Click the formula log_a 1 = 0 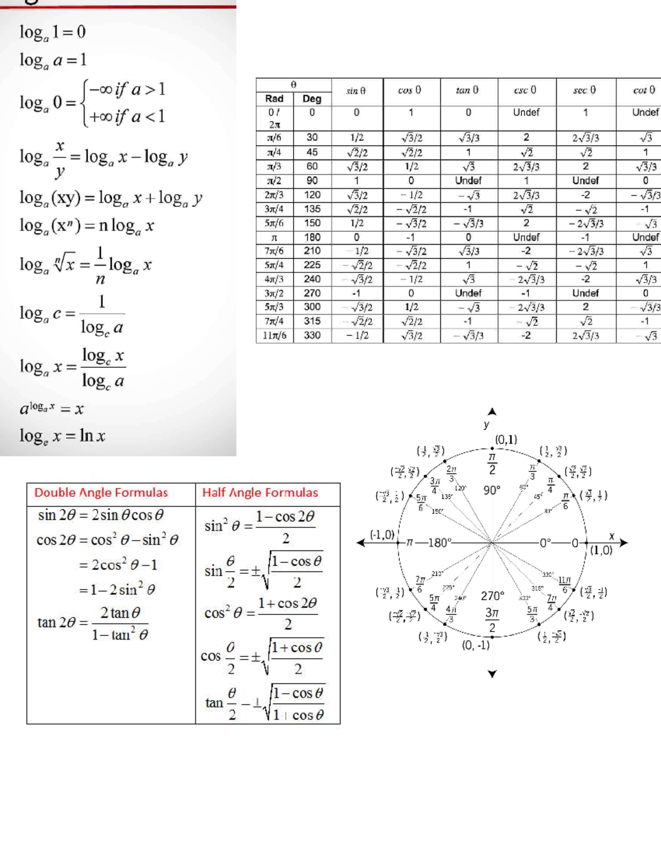coord(52,32)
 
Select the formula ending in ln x coord(62,436)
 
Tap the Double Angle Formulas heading coord(101,493)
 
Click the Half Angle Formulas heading coord(260,493)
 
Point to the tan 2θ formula coord(93,623)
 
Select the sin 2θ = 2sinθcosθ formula coord(101,515)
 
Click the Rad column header coord(274,99)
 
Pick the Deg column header coord(312,99)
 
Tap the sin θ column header coord(356,91)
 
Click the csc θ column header coord(525,90)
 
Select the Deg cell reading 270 coord(312,293)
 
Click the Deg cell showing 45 coord(312,152)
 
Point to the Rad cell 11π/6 coord(274,335)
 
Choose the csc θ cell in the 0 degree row coord(526,112)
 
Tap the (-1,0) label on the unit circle coord(382,535)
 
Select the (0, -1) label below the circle coord(475,645)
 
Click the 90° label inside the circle coord(491,490)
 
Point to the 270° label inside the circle coord(492,596)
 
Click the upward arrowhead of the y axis coord(492,411)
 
